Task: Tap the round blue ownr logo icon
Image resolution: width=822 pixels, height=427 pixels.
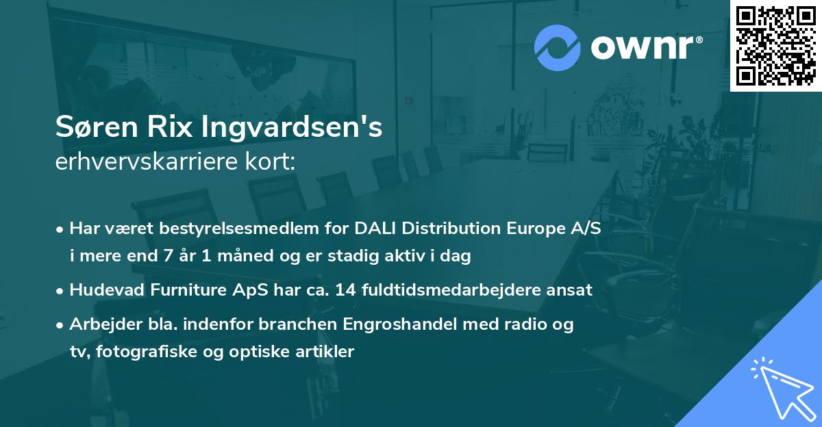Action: [x=557, y=48]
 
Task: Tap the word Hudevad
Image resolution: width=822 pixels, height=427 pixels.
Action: [x=103, y=289]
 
